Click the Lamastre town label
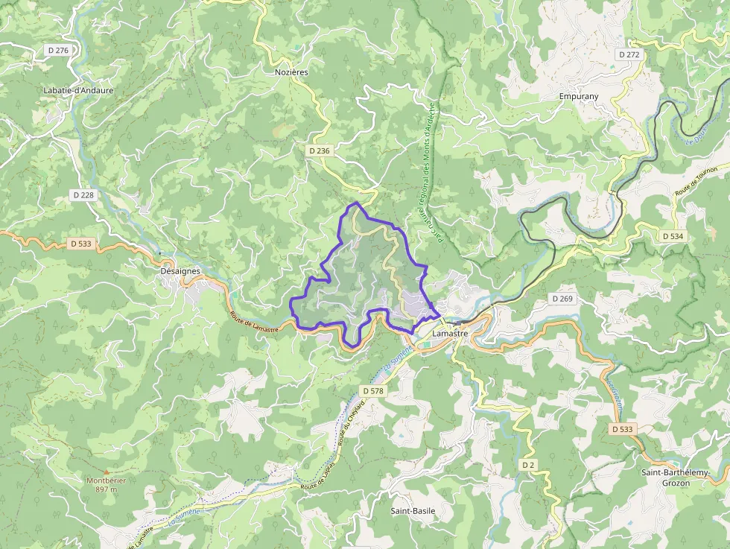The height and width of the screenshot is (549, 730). [x=450, y=334]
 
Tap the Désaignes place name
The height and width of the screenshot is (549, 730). [x=180, y=271]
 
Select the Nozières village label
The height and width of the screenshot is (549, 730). [x=291, y=72]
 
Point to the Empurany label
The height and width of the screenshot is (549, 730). [x=579, y=96]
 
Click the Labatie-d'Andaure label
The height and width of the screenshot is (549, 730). [x=78, y=90]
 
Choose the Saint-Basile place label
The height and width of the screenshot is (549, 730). [x=413, y=511]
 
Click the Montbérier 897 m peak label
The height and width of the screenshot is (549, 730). [x=107, y=485]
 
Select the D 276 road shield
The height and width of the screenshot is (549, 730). [x=57, y=50]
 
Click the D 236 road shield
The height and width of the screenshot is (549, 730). [x=318, y=150]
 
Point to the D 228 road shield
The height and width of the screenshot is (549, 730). [x=83, y=194]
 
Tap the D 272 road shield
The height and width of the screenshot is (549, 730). [x=629, y=54]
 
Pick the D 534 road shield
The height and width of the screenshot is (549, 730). [x=673, y=236]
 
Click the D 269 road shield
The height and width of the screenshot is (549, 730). [x=562, y=298]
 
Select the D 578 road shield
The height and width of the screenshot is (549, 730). [x=374, y=390]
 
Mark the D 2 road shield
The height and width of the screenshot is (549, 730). [x=528, y=465]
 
